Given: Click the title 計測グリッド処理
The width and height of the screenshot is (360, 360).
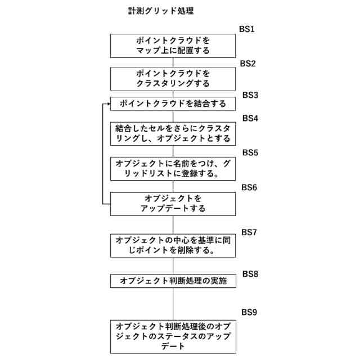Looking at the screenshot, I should [161, 11].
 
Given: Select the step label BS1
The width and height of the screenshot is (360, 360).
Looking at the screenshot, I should [247, 29].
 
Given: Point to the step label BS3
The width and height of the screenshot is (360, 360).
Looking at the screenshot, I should [250, 95].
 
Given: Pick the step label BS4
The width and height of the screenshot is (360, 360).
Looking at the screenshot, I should [250, 119].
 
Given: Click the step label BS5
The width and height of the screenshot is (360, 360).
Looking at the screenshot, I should [250, 152].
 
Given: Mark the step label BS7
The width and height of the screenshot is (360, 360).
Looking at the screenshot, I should [249, 232].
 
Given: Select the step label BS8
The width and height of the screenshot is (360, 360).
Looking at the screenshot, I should [250, 273].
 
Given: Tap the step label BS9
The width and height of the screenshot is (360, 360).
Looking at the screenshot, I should [249, 312].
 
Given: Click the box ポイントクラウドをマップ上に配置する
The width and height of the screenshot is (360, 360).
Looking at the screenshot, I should [173, 46].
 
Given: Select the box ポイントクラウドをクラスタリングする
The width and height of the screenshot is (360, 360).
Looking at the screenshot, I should [173, 79].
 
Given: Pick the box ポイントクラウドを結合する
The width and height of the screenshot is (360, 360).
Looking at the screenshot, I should [173, 104].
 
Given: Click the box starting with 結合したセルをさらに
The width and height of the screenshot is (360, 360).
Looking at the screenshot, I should [173, 133].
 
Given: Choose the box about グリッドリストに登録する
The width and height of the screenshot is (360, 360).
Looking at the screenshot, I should [173, 168].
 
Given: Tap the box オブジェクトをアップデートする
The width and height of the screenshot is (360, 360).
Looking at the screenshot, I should [173, 204].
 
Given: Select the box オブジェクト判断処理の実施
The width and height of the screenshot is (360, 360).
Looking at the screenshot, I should [173, 281].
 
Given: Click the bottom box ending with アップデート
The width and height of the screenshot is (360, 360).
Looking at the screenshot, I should [173, 336].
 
